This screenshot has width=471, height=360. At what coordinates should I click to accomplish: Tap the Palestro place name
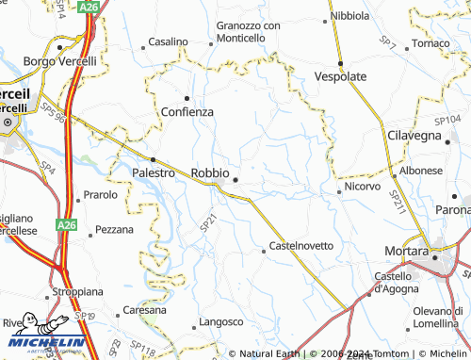[154, 173]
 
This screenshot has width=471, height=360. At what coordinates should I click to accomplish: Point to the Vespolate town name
[340, 75]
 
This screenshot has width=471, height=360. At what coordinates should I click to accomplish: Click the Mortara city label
[408, 251]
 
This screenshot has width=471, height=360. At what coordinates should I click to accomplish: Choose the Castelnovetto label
[301, 245]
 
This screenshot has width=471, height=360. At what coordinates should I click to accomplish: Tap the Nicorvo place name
[362, 187]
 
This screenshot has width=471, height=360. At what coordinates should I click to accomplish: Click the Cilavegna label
[414, 136]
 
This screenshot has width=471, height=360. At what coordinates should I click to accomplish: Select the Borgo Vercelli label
[60, 61]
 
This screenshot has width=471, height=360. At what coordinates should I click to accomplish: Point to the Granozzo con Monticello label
[248, 31]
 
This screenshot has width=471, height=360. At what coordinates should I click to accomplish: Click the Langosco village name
[221, 321]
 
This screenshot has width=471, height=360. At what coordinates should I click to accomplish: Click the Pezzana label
[114, 229]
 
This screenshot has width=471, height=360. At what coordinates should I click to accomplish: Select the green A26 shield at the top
[89, 7]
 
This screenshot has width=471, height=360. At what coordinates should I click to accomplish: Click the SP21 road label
[209, 222]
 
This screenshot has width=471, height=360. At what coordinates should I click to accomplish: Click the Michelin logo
[42, 343]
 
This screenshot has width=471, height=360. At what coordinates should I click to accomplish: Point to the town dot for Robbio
[235, 179]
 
